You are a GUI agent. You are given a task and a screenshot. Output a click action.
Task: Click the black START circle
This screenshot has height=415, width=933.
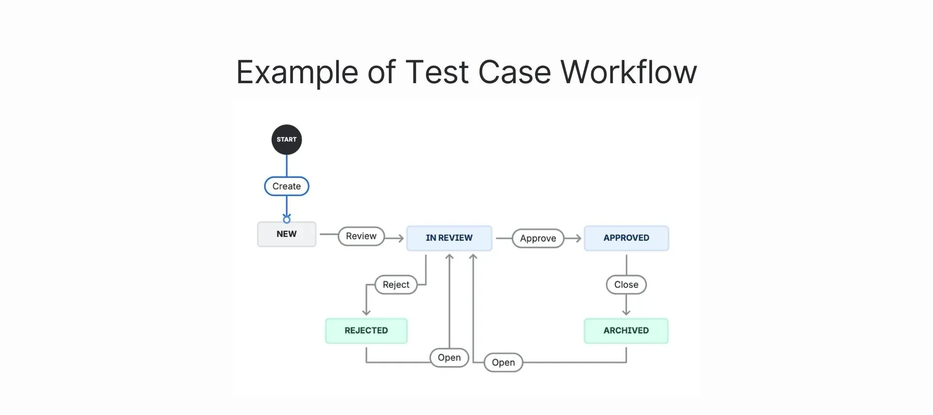(286, 140)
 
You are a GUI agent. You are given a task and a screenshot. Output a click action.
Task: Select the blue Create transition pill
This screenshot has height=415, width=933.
(286, 186)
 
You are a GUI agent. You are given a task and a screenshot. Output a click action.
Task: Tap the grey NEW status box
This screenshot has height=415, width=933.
(286, 234)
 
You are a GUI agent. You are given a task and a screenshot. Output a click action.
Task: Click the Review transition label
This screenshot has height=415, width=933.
(361, 236)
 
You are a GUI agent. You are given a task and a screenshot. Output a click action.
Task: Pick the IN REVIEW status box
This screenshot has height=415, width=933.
(449, 238)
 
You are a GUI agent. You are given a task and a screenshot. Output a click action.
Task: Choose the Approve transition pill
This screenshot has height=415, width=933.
(537, 238)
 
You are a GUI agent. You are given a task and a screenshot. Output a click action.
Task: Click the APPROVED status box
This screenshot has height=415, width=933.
(626, 238)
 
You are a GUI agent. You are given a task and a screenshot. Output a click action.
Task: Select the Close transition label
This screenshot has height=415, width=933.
(626, 285)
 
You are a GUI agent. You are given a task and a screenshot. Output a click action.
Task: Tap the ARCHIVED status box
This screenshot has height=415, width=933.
(626, 331)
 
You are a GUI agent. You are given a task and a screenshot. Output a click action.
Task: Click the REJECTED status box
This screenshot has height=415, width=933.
(366, 331)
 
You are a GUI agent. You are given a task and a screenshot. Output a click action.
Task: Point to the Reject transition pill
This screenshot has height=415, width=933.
(396, 285)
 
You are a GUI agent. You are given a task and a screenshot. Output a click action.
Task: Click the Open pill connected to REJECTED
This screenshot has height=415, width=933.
(449, 358)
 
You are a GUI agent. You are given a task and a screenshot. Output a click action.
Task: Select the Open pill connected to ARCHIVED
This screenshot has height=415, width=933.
(503, 362)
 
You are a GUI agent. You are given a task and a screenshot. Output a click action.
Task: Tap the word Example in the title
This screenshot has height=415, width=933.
(297, 72)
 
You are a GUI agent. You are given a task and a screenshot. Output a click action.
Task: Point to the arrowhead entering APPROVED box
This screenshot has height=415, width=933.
(578, 238)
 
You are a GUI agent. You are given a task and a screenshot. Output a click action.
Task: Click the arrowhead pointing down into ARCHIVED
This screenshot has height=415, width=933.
(626, 312)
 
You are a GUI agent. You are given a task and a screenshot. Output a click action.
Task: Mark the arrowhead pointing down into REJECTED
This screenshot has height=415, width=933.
(366, 312)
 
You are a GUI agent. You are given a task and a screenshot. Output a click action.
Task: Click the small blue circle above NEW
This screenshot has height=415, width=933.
(287, 219)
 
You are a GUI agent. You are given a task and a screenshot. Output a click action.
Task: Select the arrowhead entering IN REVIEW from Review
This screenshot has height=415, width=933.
(400, 238)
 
